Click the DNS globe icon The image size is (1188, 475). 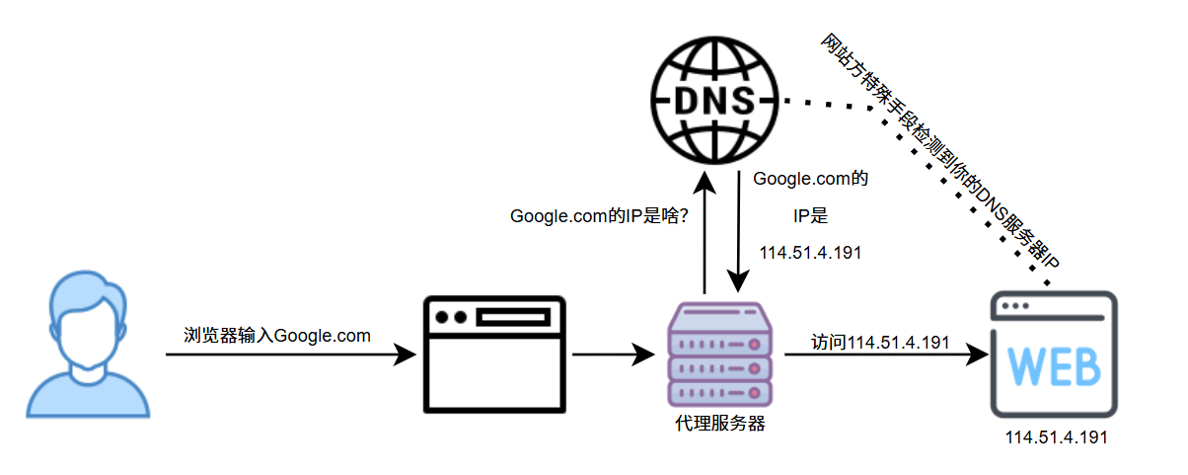point(715,99)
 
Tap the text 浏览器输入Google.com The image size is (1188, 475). point(277,336)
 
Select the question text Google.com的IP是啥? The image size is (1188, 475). point(599,216)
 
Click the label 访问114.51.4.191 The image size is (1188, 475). point(880,343)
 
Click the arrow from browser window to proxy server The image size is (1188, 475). point(612,354)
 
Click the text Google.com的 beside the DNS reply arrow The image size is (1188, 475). point(810,180)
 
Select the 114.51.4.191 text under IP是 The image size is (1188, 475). point(810,253)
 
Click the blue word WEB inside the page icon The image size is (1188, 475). point(1055,367)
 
